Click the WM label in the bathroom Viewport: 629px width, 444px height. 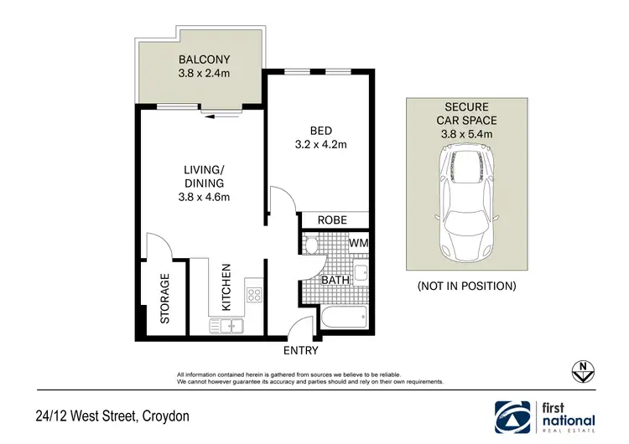tap(359, 244)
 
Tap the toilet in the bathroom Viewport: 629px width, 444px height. tap(311, 246)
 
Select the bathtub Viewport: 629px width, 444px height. tap(343, 318)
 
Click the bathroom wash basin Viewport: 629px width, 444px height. tap(361, 273)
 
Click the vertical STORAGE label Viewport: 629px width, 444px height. tap(165, 298)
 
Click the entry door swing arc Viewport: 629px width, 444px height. tap(300, 328)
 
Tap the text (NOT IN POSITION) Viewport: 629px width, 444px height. tap(466, 286)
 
